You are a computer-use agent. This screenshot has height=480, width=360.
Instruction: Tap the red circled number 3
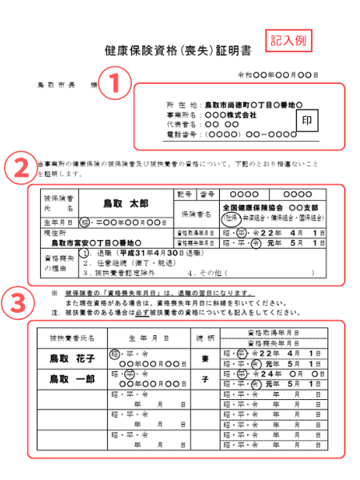pos(18,303)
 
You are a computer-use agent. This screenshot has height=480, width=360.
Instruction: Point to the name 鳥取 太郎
pos(126,205)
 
